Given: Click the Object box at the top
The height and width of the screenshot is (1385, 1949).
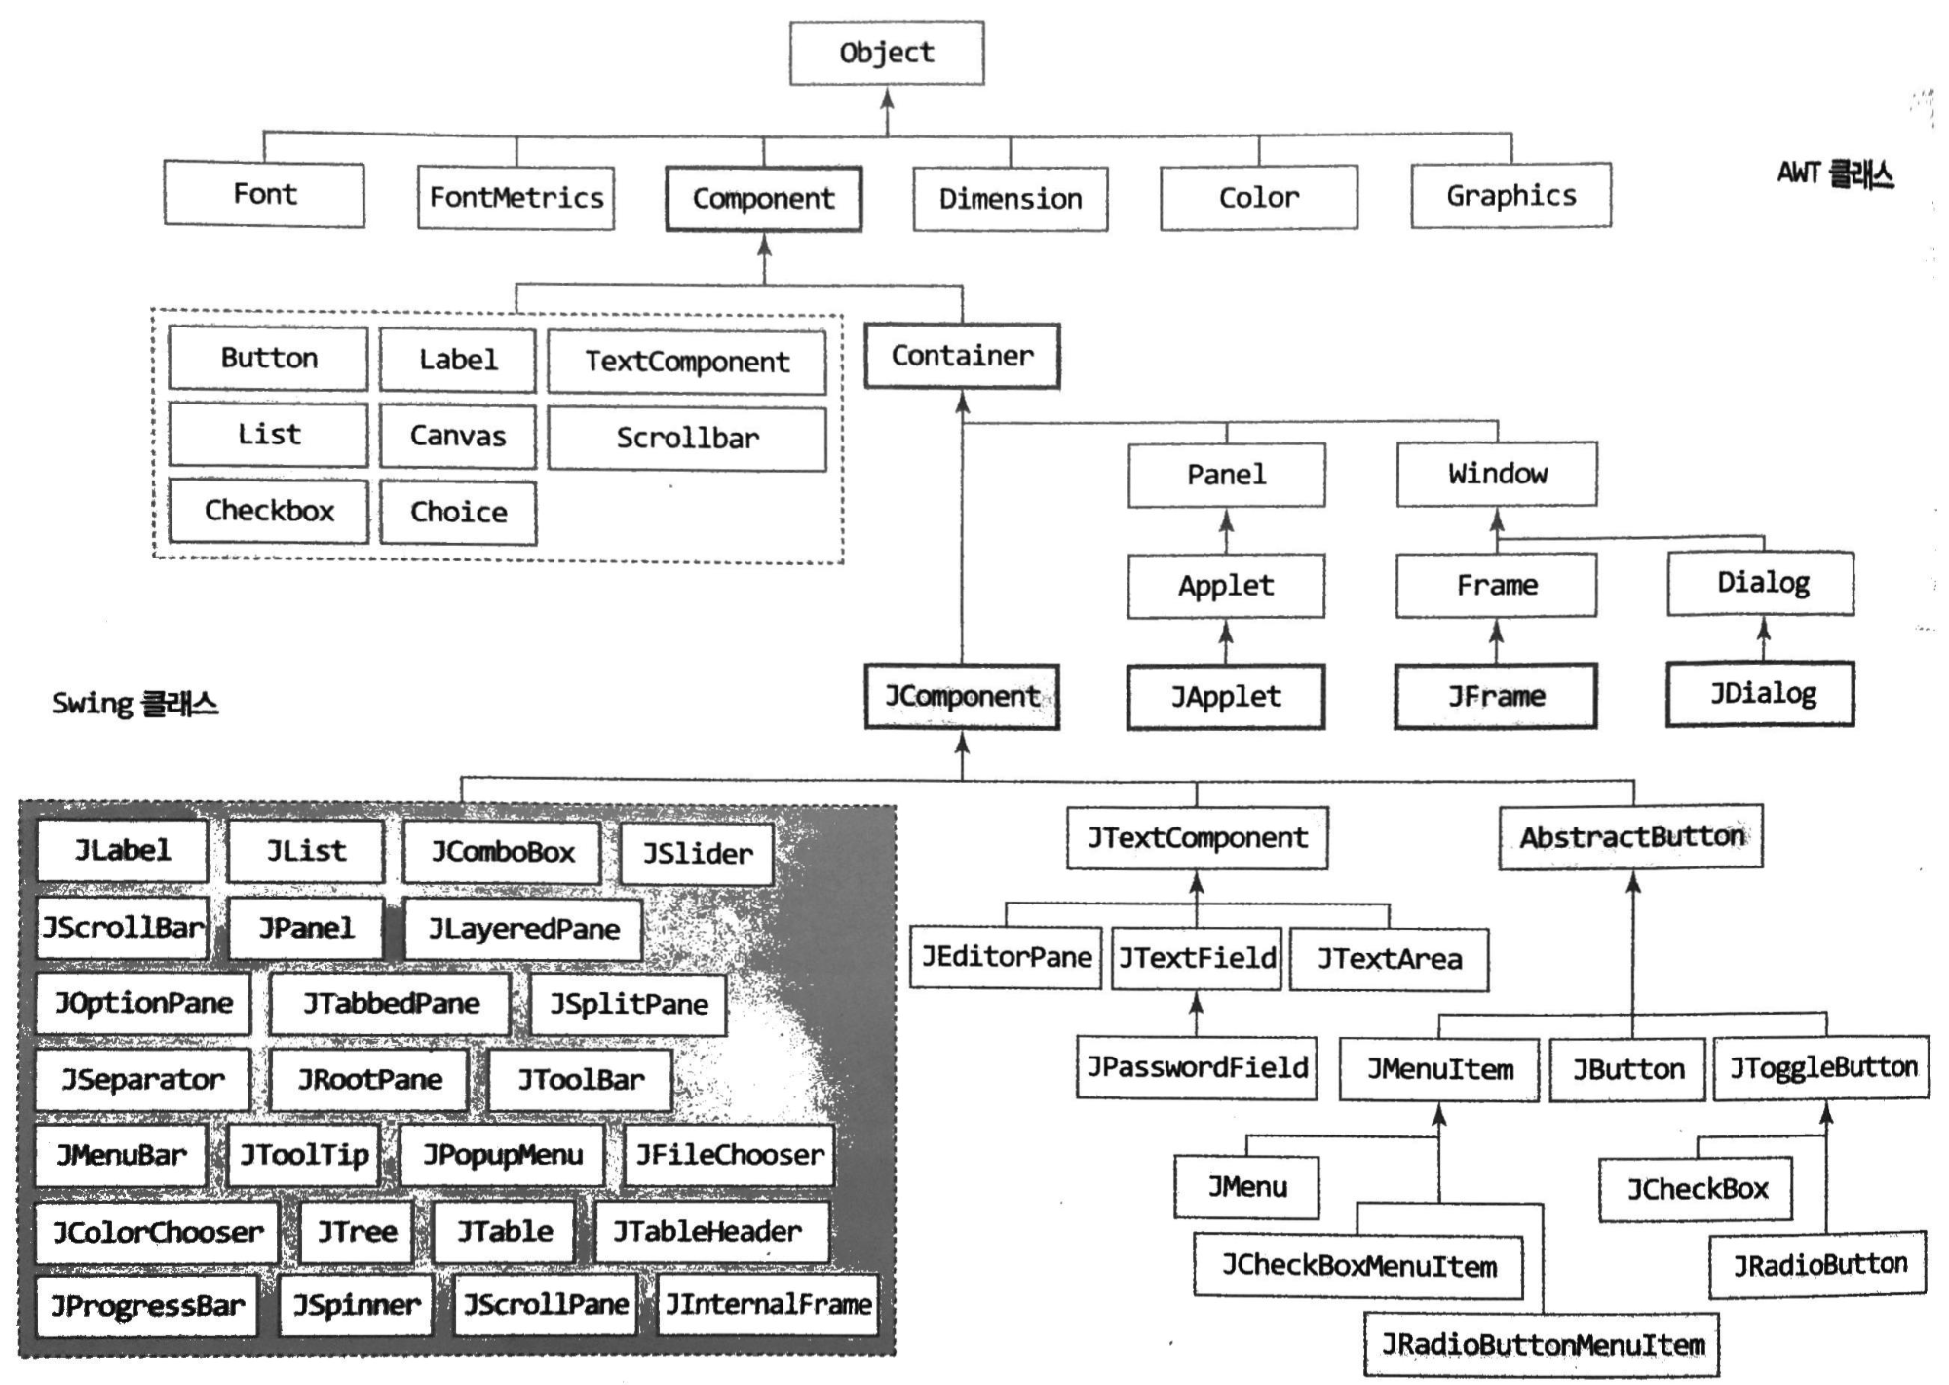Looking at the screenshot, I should click(886, 53).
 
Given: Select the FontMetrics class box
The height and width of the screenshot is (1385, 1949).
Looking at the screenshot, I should click(516, 198).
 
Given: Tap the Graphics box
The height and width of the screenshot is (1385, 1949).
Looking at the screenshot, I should click(1510, 196).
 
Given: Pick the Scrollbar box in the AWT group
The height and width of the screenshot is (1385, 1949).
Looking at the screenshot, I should click(686, 439).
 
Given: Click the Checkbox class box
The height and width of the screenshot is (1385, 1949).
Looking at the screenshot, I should click(268, 511).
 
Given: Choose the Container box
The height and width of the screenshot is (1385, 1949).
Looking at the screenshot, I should click(962, 356).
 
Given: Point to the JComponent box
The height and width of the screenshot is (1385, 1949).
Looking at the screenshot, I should click(962, 696).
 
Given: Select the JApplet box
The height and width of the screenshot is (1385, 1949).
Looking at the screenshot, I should click(1225, 696).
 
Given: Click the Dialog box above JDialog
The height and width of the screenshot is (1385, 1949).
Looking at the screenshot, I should click(1761, 584).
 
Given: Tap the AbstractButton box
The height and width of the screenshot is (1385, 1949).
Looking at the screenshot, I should click(1630, 837).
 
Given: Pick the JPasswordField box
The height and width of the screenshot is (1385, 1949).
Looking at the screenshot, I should click(1197, 1067).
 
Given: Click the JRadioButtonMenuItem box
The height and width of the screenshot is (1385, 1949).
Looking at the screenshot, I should click(1542, 1345).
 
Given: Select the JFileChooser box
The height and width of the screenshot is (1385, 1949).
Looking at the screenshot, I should click(729, 1155).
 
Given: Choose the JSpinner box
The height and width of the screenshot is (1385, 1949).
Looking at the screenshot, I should click(356, 1305).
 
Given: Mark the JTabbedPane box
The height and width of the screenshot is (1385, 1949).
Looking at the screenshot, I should click(390, 1004).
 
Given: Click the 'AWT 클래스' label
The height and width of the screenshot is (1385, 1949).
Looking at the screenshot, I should click(1834, 174).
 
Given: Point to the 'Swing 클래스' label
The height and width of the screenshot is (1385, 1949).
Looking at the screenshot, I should click(134, 704).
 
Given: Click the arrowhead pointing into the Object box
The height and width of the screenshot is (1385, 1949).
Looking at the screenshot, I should click(886, 97).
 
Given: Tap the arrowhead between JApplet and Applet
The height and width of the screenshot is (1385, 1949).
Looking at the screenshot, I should click(1226, 634).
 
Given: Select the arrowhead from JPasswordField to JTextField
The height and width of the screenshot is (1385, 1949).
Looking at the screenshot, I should click(1197, 1003).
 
